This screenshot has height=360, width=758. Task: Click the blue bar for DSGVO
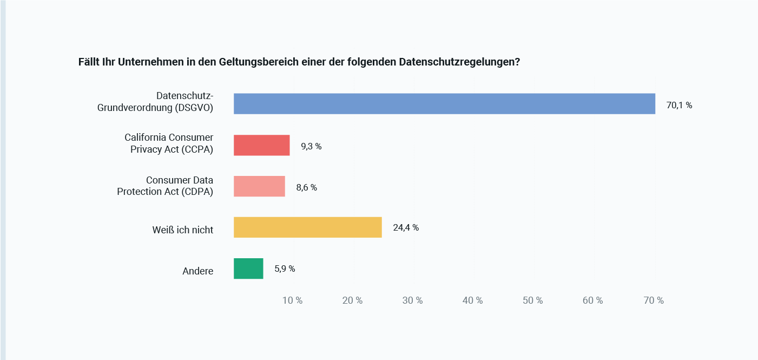[444, 104]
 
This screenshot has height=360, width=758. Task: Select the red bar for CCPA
[261, 146]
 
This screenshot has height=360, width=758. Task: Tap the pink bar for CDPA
[259, 186]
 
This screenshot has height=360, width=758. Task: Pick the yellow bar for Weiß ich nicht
[307, 227]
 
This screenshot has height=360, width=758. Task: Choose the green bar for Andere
[248, 269]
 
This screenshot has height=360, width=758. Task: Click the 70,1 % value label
[679, 106]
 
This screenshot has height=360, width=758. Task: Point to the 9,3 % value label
[311, 146]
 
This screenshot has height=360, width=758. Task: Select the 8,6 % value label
[306, 188]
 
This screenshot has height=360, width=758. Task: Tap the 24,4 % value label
[406, 228]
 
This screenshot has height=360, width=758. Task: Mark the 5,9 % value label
[285, 269]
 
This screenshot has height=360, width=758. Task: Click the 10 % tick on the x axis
[293, 300]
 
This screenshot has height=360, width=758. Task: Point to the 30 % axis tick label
[412, 300]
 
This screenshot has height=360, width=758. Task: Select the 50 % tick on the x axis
[532, 300]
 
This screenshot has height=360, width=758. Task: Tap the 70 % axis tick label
[653, 300]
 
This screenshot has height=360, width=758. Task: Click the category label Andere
[198, 271]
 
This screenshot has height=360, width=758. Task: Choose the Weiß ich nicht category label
[183, 230]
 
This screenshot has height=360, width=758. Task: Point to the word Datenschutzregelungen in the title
[459, 62]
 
